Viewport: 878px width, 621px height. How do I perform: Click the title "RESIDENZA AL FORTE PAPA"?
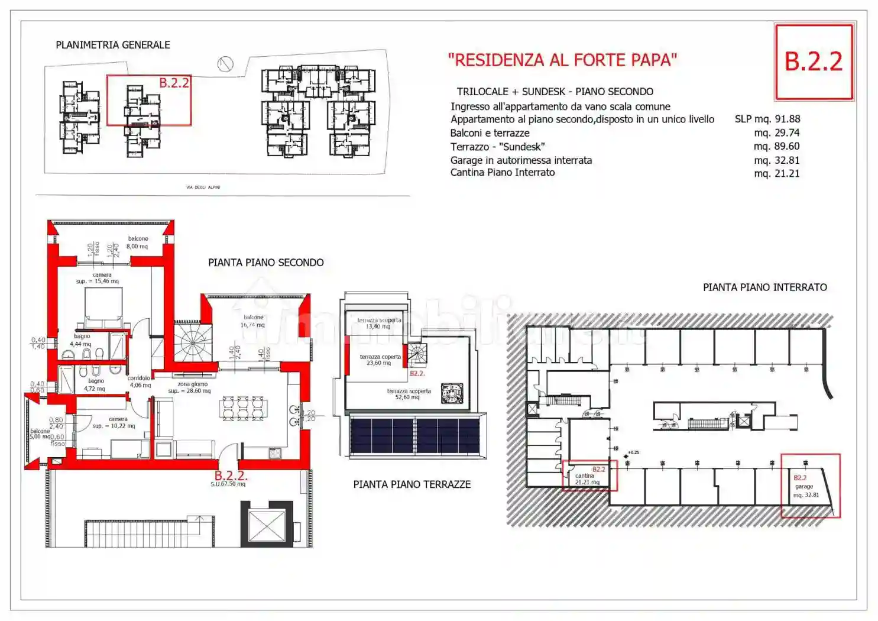pos(562,60)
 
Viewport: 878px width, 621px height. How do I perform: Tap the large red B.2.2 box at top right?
pos(814,62)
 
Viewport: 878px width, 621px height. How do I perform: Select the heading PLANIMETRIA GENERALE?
pos(113,45)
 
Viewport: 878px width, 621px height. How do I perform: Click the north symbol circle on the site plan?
pos(225,64)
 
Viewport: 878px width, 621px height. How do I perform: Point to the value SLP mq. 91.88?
pos(767,119)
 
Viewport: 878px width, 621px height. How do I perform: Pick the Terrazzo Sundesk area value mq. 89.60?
pos(776,146)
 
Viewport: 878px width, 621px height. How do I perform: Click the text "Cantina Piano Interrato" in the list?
pos(503,173)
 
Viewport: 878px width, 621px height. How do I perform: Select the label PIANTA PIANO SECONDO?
pos(265,263)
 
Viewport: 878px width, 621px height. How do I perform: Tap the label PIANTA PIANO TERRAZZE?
pos(412,484)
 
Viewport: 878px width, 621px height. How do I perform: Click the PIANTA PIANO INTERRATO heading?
pos(764,287)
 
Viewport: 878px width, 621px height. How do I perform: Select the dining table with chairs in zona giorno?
pos(243,408)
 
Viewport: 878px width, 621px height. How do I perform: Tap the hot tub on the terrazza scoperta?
pos(452,393)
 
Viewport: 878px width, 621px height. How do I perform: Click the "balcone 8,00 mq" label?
pos(137,242)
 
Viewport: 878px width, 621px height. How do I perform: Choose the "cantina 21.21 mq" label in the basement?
pos(587,479)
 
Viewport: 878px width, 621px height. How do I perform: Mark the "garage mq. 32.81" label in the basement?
pos(805,490)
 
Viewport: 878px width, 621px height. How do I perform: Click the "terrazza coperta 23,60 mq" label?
pos(380,360)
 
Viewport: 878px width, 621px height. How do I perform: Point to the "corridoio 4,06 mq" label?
pos(140,381)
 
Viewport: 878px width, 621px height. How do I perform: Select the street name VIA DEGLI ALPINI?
pos(203,187)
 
